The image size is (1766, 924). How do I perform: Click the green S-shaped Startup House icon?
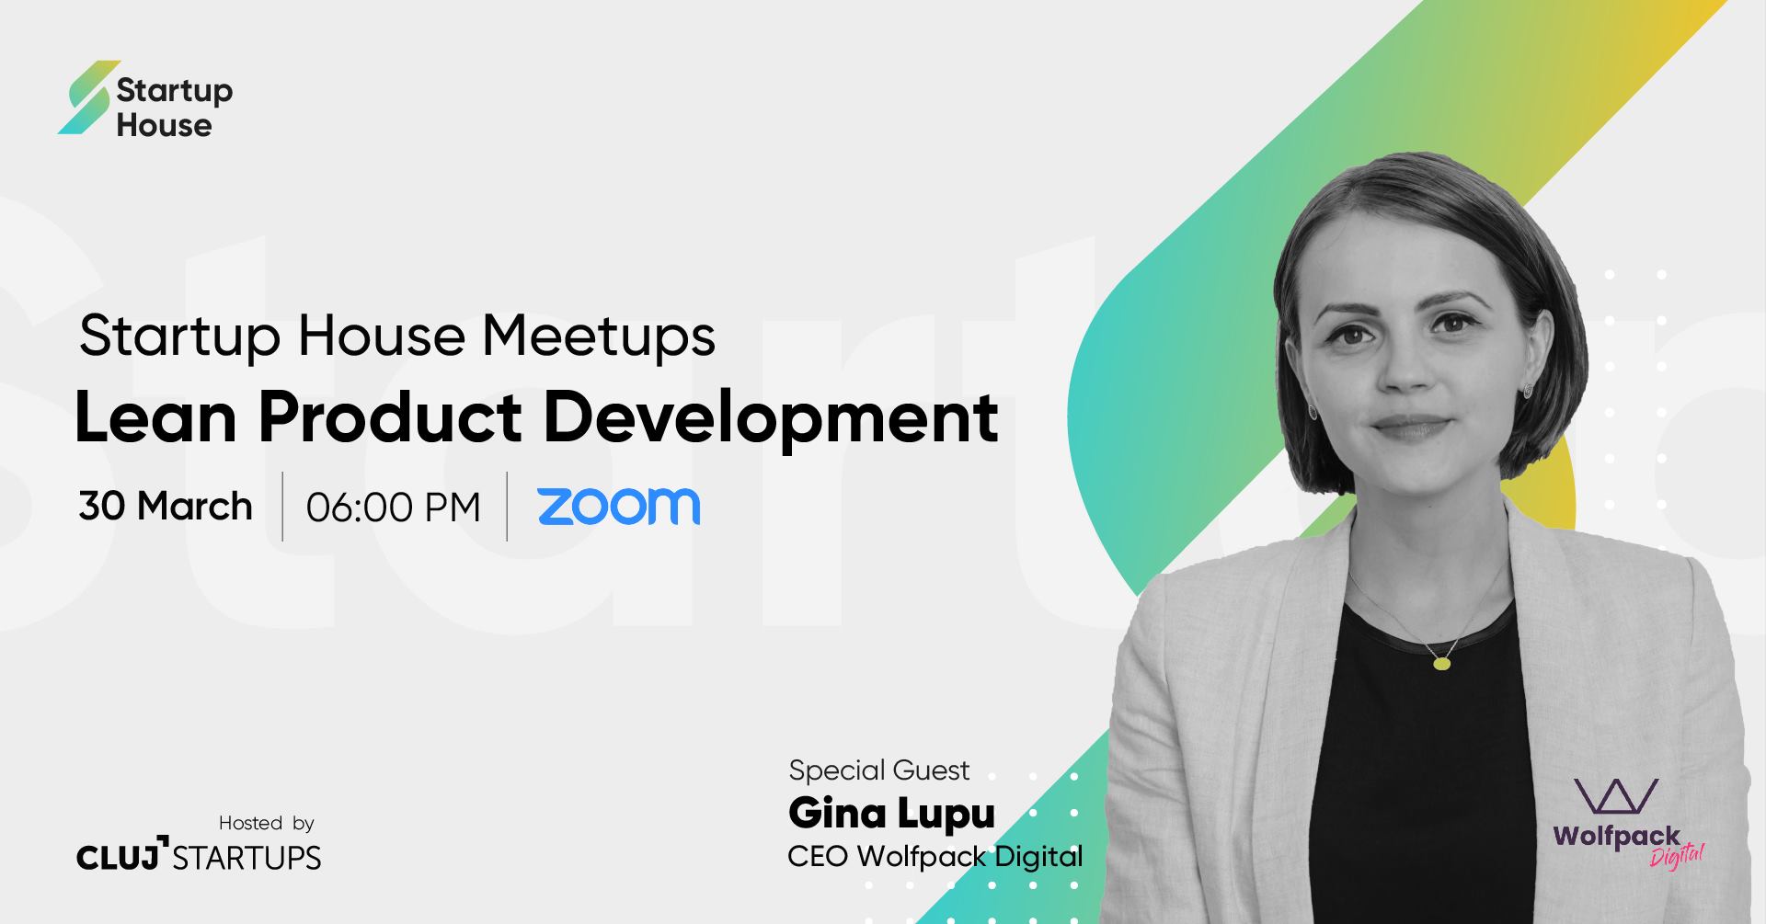point(89,97)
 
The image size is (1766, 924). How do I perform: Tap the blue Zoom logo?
point(619,507)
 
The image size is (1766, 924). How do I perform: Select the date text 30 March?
point(166,507)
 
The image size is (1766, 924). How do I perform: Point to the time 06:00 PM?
point(394,508)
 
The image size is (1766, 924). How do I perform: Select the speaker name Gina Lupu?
point(892,814)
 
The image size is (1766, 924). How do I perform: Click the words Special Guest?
point(879,770)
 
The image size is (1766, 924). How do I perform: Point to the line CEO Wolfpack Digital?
point(935,857)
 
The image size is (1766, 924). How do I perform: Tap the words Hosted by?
point(267,823)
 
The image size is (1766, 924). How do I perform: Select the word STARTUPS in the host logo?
point(247,858)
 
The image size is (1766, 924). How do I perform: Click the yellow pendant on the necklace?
point(1442,663)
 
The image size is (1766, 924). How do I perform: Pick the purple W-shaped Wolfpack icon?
point(1615,796)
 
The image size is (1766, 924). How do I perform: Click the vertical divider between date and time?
point(282,506)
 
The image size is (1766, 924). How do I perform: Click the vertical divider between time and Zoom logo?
point(508,506)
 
